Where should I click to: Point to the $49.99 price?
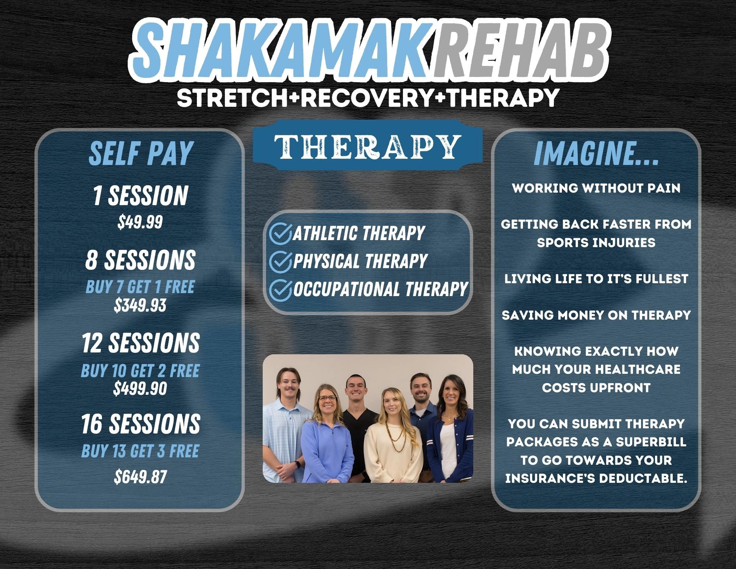click(x=140, y=222)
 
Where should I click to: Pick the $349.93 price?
click(x=140, y=305)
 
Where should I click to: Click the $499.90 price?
click(x=140, y=388)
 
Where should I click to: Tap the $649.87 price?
click(x=140, y=477)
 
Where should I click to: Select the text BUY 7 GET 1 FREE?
click(x=140, y=287)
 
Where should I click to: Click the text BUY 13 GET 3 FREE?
click(x=140, y=451)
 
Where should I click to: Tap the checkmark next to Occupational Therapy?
click(x=280, y=289)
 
